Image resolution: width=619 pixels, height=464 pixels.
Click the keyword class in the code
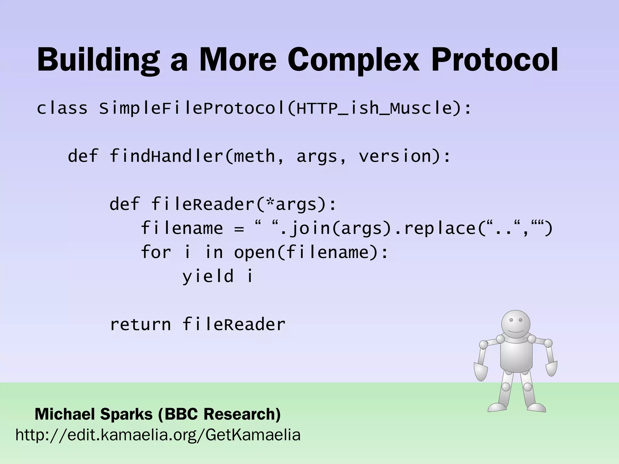[x=62, y=108]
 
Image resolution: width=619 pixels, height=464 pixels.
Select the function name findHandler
[x=166, y=156]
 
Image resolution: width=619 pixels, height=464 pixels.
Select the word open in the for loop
[x=254, y=252]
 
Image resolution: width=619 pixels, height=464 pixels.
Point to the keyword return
[x=140, y=324]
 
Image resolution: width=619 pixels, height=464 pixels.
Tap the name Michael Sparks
[x=94, y=414]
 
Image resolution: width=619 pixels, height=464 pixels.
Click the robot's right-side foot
[x=536, y=408]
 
